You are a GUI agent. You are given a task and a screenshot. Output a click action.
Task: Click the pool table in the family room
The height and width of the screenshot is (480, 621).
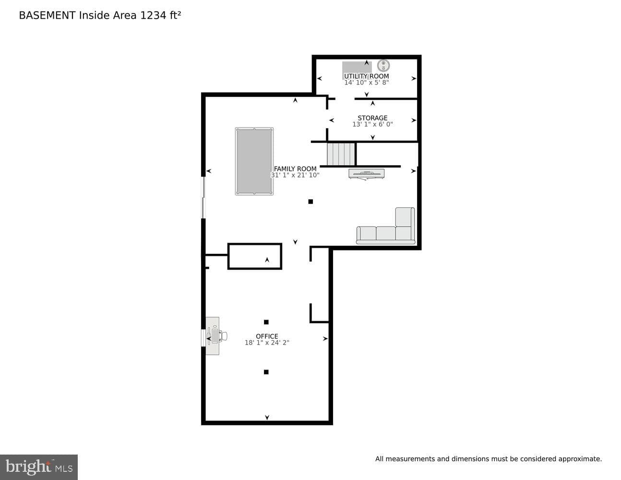point(254,161)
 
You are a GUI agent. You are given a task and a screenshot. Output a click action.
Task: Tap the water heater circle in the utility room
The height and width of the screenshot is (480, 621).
point(383,66)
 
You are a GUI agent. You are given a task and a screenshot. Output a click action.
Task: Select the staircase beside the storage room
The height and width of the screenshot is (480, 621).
point(341,154)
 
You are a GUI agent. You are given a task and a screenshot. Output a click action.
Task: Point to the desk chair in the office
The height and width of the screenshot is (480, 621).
point(223,336)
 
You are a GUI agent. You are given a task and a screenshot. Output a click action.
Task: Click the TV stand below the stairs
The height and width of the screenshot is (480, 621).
point(366,174)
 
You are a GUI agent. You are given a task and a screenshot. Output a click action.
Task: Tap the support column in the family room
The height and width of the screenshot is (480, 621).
point(310,202)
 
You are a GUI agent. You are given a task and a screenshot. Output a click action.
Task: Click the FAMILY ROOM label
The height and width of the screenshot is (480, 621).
point(295,169)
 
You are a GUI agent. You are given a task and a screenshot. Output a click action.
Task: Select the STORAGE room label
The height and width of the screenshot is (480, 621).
point(372,118)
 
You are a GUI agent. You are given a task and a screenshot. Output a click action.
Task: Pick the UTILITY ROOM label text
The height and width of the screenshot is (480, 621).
point(366,76)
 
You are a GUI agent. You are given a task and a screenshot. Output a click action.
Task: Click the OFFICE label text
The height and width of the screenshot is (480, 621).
point(267,336)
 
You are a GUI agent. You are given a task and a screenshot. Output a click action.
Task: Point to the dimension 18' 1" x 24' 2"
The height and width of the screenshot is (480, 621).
point(267,343)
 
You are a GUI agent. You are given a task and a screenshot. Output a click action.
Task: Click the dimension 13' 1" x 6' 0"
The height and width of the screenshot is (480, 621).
point(372,124)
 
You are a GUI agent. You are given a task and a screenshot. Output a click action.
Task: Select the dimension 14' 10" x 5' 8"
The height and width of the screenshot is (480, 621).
point(366,83)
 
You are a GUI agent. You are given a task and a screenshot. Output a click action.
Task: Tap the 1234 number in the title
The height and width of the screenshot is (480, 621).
point(153,15)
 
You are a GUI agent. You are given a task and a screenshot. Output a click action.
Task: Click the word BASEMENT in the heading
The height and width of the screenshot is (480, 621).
point(47,15)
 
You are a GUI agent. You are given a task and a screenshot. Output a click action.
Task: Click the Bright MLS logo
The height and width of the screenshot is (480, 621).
point(39,467)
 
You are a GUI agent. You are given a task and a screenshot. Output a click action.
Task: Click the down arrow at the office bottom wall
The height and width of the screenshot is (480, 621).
point(267,418)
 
